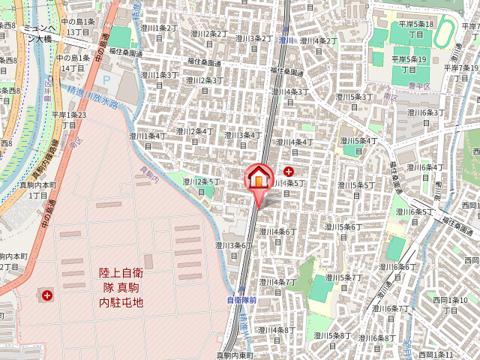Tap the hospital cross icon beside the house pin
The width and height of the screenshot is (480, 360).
(x=289, y=172)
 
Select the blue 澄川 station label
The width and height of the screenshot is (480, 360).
(x=285, y=40)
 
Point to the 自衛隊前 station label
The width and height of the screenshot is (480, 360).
(x=241, y=300)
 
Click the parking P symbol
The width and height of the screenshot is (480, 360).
(x=105, y=77)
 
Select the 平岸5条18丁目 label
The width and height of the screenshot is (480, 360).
(x=416, y=28)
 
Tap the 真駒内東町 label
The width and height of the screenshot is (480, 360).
(x=235, y=355)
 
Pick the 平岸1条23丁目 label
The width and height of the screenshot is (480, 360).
(x=69, y=119)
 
